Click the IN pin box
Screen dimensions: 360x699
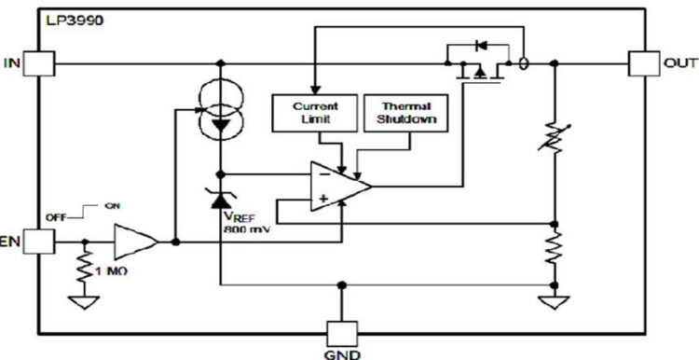(40, 63)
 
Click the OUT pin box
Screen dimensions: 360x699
(644, 63)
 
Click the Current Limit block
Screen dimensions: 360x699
(315, 113)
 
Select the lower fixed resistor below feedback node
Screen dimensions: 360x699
(555, 251)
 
